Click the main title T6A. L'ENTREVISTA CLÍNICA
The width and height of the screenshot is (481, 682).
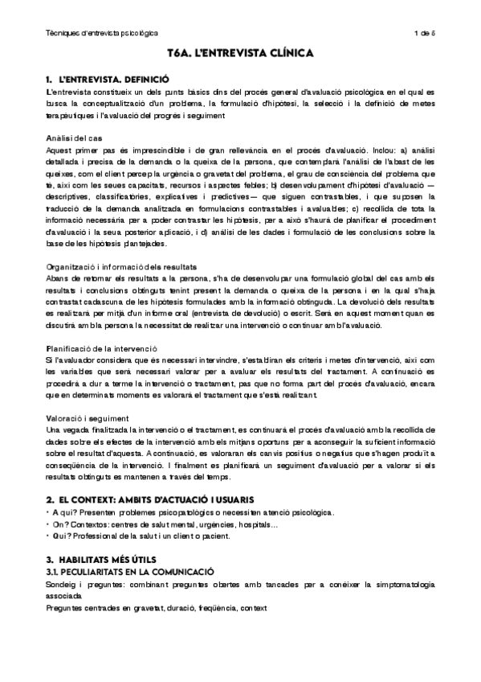[241, 54]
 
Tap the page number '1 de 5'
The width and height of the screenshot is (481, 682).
[423, 33]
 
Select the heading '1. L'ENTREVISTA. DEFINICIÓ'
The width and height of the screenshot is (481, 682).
[108, 80]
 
